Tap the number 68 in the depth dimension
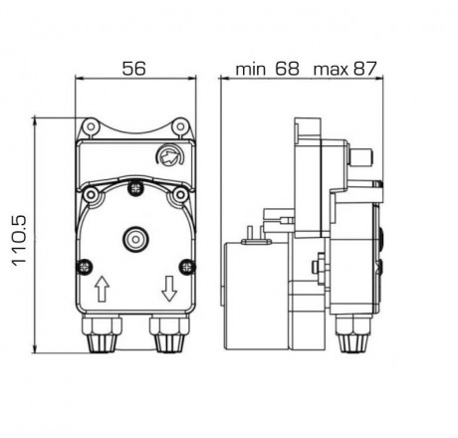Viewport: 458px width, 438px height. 287,70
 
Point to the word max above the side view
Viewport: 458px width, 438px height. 330,71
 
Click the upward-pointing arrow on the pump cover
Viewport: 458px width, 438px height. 101,290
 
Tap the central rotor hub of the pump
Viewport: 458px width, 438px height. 133,239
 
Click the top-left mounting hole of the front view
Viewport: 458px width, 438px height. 90,126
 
